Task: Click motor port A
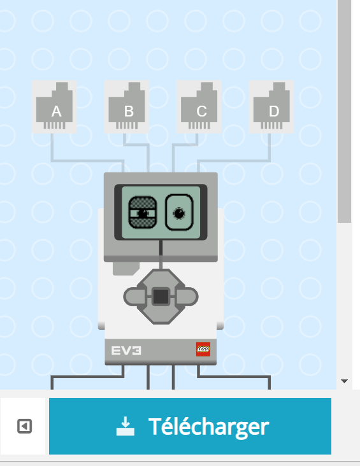tap(54, 107)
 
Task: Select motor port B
tap(126, 107)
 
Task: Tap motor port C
tap(199, 107)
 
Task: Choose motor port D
tap(271, 107)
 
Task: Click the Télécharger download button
tap(190, 426)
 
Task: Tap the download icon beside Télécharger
tap(126, 426)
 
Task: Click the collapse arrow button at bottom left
tap(24, 426)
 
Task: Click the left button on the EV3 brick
tap(134, 297)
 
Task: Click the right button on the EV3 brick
tap(187, 297)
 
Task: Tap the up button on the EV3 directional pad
tap(161, 278)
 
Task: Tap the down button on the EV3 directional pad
tap(161, 315)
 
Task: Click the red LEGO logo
tap(203, 349)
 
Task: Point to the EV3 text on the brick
tap(126, 351)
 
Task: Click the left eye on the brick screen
tap(143, 213)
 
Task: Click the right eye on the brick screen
tap(179, 212)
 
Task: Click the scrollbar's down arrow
tap(344, 381)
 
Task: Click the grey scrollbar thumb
tap(344, 111)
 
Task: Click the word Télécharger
tap(208, 427)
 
